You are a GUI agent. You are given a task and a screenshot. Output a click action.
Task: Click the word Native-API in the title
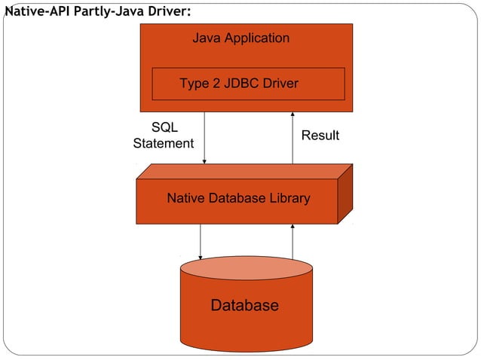coord(38,11)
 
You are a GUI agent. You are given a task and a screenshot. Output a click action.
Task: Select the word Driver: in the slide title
coord(164,11)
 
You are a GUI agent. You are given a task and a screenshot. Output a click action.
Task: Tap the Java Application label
coord(240,38)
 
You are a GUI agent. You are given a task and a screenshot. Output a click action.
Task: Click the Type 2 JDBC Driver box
coord(248,84)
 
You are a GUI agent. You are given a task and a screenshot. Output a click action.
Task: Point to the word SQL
coord(164,128)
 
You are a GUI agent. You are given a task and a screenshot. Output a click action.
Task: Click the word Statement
coord(164,143)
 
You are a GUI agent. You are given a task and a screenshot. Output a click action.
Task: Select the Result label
coord(320,136)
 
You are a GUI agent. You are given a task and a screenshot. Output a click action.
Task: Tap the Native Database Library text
coord(238,199)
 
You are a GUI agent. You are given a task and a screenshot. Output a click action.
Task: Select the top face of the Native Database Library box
coord(241,172)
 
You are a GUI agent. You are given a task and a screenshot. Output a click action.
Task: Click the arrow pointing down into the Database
coord(201,241)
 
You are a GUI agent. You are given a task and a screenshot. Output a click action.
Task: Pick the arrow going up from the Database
coord(293,241)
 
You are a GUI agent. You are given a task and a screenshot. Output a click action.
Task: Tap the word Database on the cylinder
coord(244,305)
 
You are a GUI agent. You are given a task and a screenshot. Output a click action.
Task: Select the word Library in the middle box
coord(289,199)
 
